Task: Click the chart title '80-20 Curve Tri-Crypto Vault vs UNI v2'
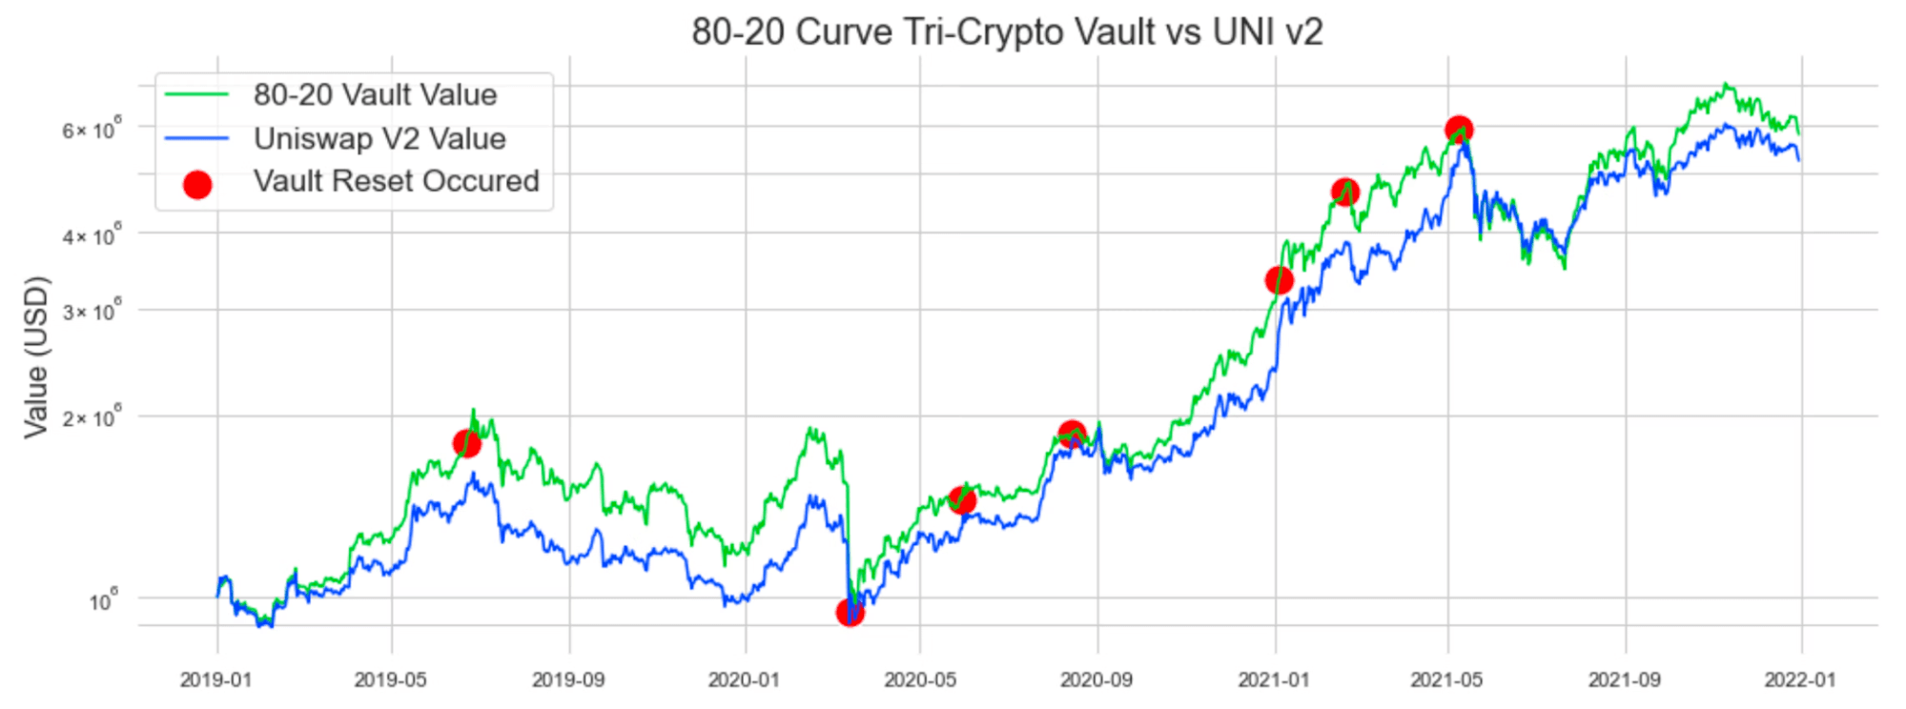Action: [x=1007, y=31]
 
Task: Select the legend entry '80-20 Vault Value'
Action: [x=375, y=94]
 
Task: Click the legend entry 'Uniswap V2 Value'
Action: [x=379, y=138]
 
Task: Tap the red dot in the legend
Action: [x=197, y=184]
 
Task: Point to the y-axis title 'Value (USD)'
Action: [x=36, y=356]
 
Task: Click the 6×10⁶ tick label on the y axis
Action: [x=92, y=130]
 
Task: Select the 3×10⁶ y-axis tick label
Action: [x=92, y=313]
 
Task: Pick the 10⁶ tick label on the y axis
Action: [x=104, y=601]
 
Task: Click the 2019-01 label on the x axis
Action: [x=215, y=679]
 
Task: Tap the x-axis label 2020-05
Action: [x=919, y=679]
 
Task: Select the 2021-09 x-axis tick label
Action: [x=1624, y=679]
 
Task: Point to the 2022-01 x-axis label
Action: [x=1799, y=679]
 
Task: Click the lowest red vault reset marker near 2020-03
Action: [x=850, y=612]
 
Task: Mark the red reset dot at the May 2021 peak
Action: [x=1458, y=130]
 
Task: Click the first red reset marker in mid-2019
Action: [x=466, y=443]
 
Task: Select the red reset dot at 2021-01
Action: [x=1279, y=280]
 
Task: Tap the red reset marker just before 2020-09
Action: [x=1072, y=435]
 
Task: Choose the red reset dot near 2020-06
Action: [x=962, y=499]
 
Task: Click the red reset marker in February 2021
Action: [x=1344, y=192]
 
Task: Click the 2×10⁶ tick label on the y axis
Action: [x=92, y=418]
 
